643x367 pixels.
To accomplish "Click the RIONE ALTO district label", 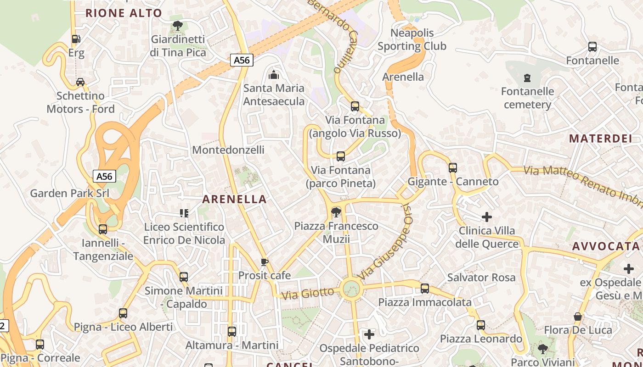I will [x=124, y=13].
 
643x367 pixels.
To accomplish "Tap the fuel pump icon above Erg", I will [x=76, y=39].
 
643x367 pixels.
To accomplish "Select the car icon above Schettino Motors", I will [x=80, y=82].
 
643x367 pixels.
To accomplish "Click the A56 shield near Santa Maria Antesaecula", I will [x=242, y=60].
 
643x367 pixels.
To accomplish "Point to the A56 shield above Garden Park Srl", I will [x=105, y=176].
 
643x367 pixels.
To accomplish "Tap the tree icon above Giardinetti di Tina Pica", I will [x=177, y=26].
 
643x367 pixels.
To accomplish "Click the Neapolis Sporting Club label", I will [x=412, y=39].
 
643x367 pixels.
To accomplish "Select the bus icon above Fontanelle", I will [x=592, y=47].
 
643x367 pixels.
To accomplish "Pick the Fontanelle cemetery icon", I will [x=527, y=78].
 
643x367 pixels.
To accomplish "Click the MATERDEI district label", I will [x=600, y=138].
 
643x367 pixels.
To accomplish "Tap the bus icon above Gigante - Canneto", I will [x=453, y=168].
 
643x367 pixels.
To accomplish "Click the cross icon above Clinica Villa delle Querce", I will [x=487, y=217].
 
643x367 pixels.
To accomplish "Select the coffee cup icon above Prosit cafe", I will [x=264, y=262].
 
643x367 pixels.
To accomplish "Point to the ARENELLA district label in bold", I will [x=234, y=199].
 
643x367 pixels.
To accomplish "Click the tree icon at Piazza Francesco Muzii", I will [x=336, y=212].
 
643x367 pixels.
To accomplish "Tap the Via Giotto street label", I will [x=308, y=293].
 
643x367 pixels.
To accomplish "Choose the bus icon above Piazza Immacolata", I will [x=425, y=289].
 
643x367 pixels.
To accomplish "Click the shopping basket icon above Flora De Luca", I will [x=578, y=317].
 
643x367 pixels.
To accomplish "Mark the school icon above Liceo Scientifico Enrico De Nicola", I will [x=184, y=213].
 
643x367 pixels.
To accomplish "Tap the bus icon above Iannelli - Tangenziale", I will [x=103, y=229].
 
